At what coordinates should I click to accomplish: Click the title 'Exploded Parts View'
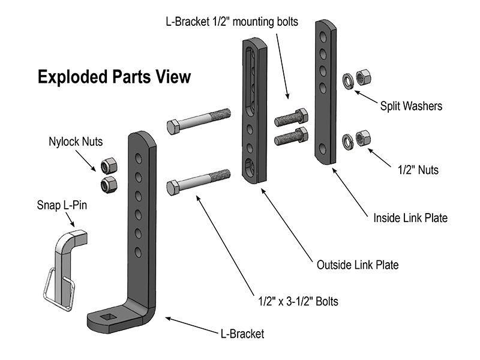click(114, 77)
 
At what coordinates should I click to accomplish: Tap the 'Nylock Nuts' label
click(76, 143)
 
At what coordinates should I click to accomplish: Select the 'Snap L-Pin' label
click(60, 206)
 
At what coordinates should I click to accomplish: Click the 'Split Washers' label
click(411, 106)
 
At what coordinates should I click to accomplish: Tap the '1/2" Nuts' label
click(419, 170)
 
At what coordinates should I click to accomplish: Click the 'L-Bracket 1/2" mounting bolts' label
click(240, 22)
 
